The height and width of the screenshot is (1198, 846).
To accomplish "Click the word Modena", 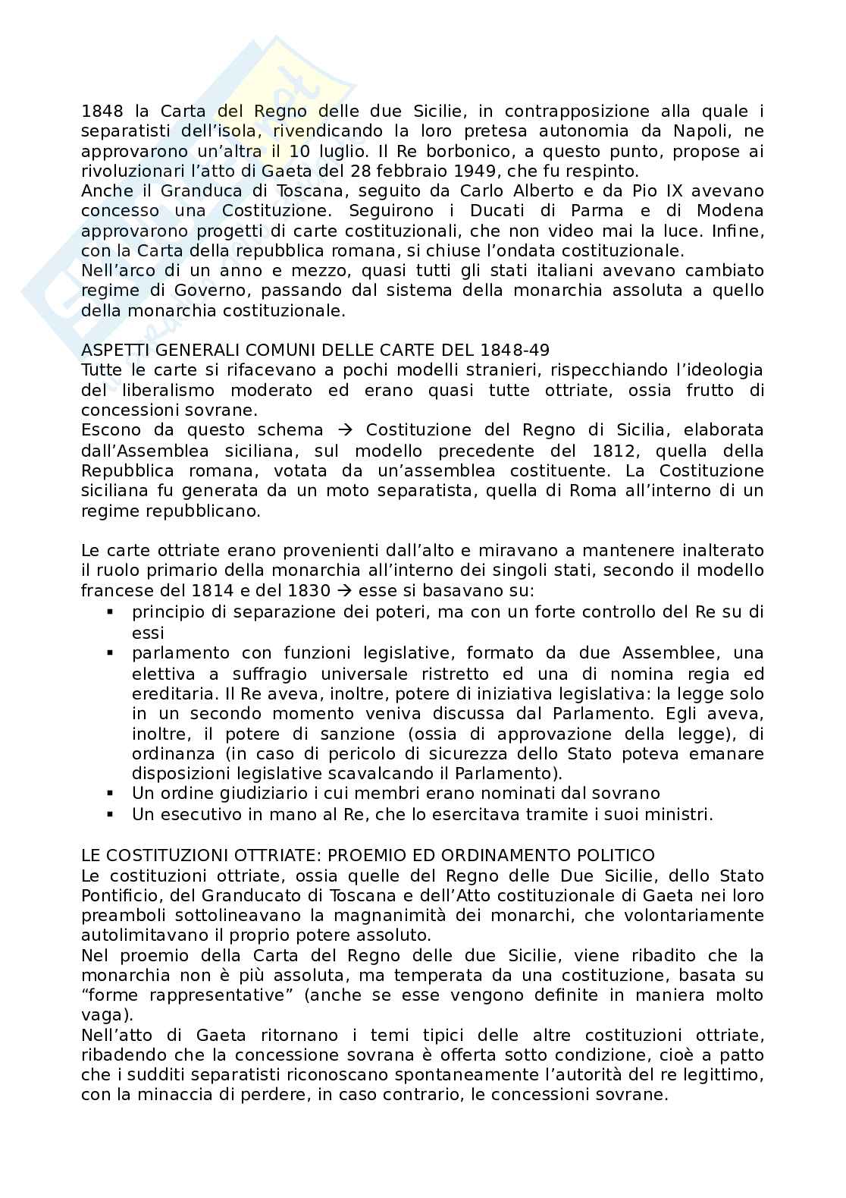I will pyautogui.click(x=732, y=210).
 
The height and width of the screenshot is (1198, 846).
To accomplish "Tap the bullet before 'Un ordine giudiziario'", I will pyautogui.click(x=111, y=794).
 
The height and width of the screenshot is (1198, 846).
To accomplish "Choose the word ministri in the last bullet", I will pyautogui.click(x=681, y=815).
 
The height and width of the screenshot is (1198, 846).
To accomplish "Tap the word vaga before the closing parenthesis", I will pyautogui.click(x=102, y=1015).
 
